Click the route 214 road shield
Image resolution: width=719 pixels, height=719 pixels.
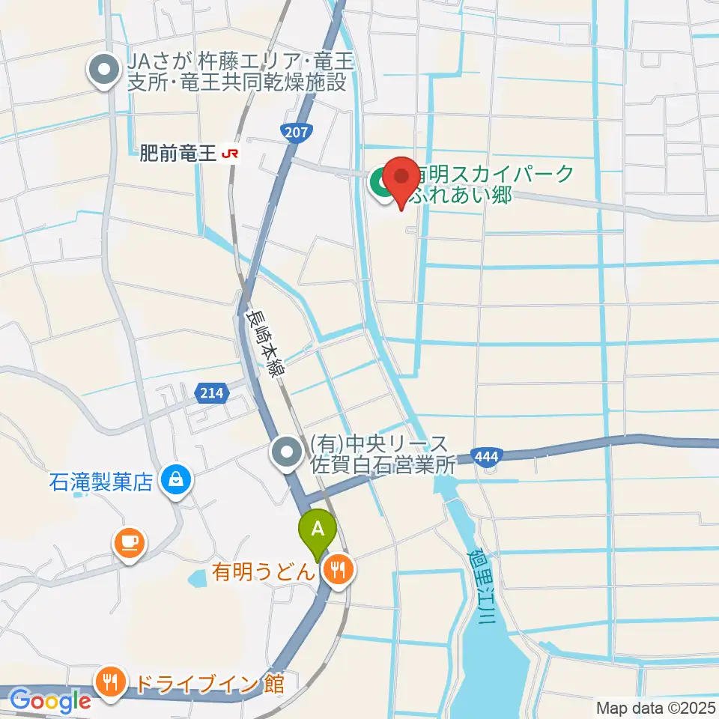point(211,392)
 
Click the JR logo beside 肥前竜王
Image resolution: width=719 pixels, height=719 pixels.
point(231,154)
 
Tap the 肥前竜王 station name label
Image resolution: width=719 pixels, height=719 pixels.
point(178,154)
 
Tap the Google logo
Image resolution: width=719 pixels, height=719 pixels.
point(49,700)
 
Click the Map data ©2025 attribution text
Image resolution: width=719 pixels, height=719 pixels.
point(656,708)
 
